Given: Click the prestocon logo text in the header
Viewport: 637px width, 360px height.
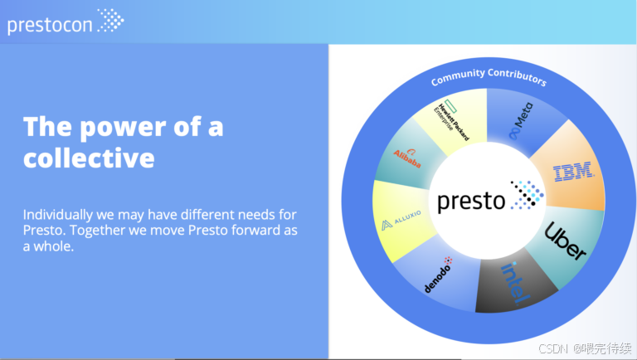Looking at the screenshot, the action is [x=50, y=25].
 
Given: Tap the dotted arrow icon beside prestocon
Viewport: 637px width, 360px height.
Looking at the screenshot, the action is [x=110, y=20].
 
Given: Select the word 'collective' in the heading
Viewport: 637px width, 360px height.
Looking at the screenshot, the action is [x=89, y=158].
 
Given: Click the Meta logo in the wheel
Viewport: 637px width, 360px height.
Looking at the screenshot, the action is [x=521, y=120].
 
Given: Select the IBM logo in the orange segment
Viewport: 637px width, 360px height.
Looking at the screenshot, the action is [x=573, y=172].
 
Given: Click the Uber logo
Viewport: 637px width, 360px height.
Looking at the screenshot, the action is [x=565, y=241].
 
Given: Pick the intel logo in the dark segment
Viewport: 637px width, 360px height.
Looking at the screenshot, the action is [x=515, y=283].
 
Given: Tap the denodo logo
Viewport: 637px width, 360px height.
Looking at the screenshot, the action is [x=439, y=275].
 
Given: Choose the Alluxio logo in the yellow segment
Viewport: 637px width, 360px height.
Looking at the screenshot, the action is [x=401, y=220].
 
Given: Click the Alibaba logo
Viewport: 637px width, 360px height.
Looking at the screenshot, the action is [x=407, y=158].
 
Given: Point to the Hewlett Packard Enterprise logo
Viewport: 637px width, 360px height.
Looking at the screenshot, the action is [x=451, y=119].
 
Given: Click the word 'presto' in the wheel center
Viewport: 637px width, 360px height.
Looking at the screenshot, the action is [x=471, y=201].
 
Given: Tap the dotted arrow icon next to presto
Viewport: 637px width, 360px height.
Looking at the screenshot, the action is [x=527, y=195].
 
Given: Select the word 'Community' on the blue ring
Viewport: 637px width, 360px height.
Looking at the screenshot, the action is [x=458, y=77].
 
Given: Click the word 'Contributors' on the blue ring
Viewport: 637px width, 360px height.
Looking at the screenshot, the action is [x=518, y=77].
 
